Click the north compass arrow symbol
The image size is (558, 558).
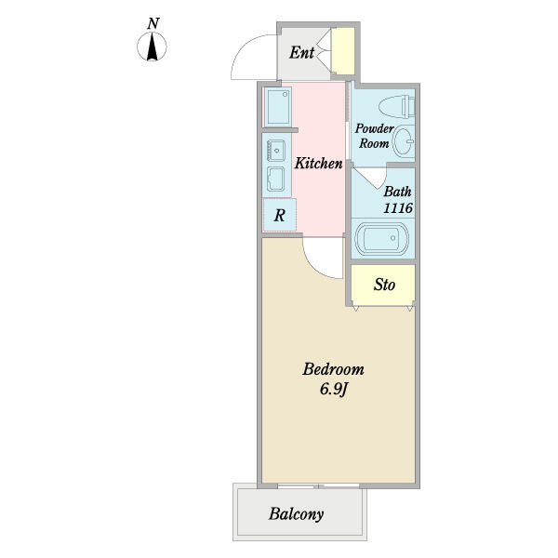point(152,46)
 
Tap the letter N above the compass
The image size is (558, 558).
point(153,23)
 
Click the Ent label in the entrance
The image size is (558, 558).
point(301,53)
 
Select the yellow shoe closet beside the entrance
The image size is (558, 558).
point(343,51)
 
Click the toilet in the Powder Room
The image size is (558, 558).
point(397,107)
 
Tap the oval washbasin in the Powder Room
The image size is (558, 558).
point(404,141)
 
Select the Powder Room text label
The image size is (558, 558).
point(374,136)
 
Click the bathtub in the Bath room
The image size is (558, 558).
point(382,238)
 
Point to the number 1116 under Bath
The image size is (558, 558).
point(398,207)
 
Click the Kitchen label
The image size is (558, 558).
point(318,164)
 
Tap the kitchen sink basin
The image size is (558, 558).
point(276,151)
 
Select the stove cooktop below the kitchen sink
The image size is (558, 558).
point(276,179)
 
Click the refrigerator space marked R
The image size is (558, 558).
point(279,215)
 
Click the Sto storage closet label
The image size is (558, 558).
point(384,285)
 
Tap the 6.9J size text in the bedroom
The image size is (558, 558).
point(334,389)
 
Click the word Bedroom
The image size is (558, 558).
point(334,369)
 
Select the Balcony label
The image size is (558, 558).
point(296,514)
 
